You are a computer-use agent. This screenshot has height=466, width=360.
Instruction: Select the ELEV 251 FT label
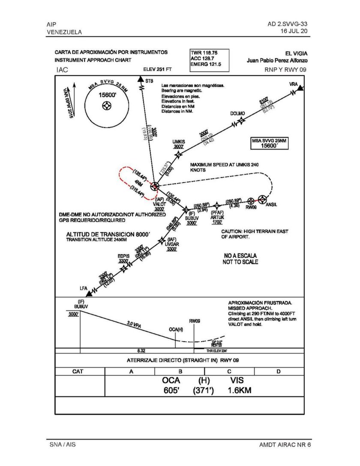click(157, 69)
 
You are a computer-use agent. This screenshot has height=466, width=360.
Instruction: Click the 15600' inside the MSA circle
click(107, 95)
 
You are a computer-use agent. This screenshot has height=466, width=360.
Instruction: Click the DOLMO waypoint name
click(237, 114)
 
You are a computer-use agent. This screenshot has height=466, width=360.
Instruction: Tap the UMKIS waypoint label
click(179, 142)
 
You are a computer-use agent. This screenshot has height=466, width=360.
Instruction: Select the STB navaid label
click(149, 81)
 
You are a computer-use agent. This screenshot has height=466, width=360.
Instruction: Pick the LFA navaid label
click(84, 288)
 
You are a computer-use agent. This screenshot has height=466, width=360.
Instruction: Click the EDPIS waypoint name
click(123, 256)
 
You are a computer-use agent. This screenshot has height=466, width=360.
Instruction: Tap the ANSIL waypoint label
click(271, 204)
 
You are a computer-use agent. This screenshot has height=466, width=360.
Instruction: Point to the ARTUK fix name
click(217, 217)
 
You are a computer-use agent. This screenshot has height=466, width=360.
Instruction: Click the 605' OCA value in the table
click(172, 391)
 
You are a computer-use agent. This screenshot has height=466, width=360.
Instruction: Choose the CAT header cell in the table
click(78, 371)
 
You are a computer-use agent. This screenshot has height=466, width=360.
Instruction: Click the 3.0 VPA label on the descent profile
click(134, 325)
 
